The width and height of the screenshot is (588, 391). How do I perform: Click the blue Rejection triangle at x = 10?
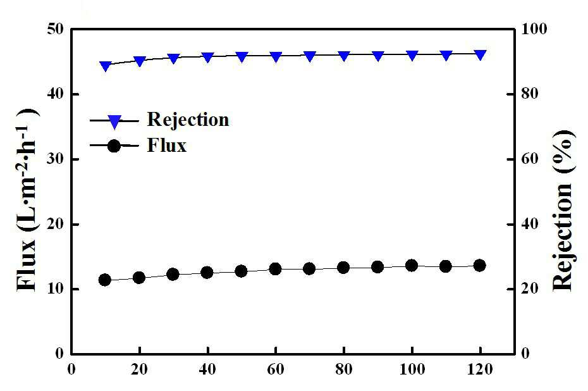[x=106, y=66]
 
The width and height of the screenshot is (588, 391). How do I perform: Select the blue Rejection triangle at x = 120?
[x=481, y=55]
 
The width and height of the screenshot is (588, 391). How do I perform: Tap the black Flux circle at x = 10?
[x=104, y=280]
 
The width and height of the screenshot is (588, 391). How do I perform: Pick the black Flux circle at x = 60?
[x=275, y=269]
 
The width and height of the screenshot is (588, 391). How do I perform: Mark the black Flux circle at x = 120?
[x=480, y=266]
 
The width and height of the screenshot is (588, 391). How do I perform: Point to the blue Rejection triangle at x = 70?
[x=310, y=56]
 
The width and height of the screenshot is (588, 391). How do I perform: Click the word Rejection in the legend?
[x=188, y=120]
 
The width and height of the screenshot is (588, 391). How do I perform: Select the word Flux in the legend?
[x=167, y=146]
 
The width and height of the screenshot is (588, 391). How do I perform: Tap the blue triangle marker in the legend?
[x=114, y=121]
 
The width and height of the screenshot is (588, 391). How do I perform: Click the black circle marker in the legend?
[x=114, y=146]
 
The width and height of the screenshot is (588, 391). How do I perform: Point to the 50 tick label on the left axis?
[x=56, y=29]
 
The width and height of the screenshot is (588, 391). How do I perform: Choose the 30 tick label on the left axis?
[x=56, y=159]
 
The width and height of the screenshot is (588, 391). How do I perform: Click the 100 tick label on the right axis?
[x=534, y=29]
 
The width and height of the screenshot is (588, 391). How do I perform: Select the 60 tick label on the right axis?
[x=529, y=159]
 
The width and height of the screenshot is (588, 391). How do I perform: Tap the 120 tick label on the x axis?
[x=480, y=369]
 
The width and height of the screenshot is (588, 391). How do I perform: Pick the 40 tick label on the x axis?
[x=207, y=369]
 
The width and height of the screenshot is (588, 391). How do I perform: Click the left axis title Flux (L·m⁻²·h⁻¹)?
[x=27, y=199]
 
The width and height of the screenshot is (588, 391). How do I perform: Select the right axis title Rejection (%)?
[x=563, y=210]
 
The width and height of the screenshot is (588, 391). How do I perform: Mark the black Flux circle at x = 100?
[x=412, y=266]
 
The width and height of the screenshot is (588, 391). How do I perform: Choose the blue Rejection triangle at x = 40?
[x=208, y=57]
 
